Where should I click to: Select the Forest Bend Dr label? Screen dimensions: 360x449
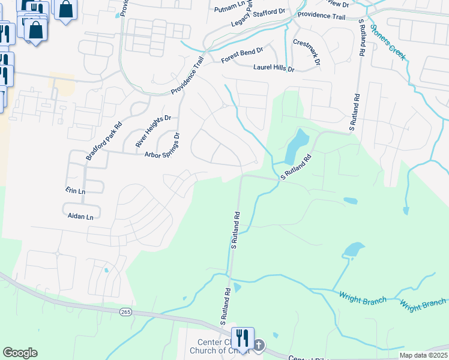pyautogui.click(x=242, y=55)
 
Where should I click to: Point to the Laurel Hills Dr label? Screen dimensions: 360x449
pyautogui.click(x=274, y=69)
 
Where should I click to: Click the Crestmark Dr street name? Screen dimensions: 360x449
pyautogui.click(x=307, y=52)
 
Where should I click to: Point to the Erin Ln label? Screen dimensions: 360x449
pyautogui.click(x=76, y=190)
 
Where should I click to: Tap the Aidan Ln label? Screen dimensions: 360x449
pyautogui.click(x=79, y=216)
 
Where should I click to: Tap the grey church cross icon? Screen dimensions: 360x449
pyautogui.click(x=259, y=345)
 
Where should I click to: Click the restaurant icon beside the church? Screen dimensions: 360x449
pyautogui.click(x=243, y=337)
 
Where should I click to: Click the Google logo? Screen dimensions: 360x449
pyautogui.click(x=20, y=353)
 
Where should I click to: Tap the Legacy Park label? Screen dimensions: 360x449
pyautogui.click(x=243, y=18)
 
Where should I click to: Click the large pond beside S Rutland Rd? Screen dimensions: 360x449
pyautogui.click(x=297, y=147)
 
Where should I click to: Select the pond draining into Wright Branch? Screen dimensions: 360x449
pyautogui.click(x=354, y=249)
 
